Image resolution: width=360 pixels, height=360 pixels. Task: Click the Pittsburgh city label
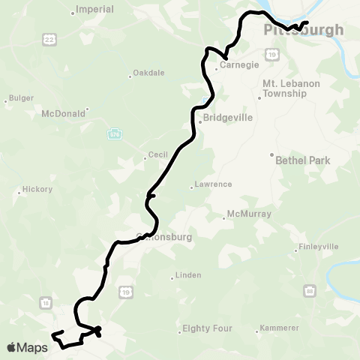tap(304, 31)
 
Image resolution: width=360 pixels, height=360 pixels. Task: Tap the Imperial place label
tap(95, 10)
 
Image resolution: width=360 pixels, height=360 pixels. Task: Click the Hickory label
tap(37, 190)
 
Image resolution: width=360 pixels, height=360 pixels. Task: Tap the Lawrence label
tap(213, 184)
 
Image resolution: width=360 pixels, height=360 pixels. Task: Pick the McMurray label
tap(246, 215)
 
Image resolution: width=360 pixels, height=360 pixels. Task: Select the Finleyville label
tap(319, 246)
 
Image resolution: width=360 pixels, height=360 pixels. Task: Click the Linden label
tap(187, 275)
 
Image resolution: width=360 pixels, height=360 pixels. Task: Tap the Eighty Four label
tap(208, 328)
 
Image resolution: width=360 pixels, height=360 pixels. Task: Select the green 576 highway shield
tap(114, 133)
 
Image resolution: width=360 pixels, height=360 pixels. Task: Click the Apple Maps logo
tap(27, 346)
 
